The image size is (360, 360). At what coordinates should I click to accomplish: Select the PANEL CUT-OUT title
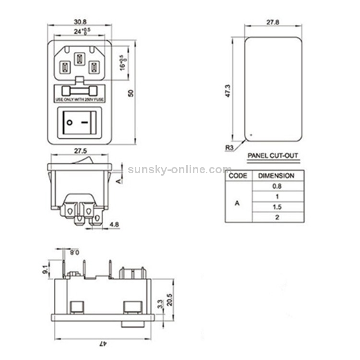tap(273, 156)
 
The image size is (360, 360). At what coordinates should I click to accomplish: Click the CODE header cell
tap(238, 176)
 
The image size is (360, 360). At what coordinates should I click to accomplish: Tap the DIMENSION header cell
tap(276, 176)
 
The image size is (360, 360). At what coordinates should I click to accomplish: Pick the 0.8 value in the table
tap(276, 186)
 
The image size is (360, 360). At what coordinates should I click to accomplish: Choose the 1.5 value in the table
tap(276, 207)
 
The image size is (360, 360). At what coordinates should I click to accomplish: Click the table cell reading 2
tap(276, 217)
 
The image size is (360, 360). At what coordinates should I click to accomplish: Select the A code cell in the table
tap(237, 203)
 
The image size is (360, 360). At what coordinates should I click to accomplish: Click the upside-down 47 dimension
tap(102, 343)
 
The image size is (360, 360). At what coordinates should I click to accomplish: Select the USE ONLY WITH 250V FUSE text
tap(80, 100)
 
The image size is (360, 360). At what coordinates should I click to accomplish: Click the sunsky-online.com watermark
tap(180, 169)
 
